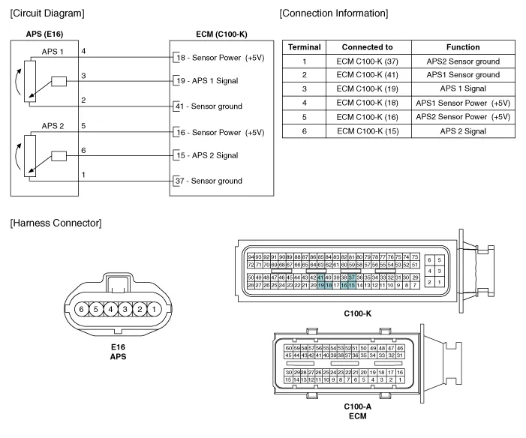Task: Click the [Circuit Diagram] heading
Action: [x=47, y=13]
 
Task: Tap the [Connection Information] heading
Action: [x=334, y=13]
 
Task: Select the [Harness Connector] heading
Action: [x=56, y=223]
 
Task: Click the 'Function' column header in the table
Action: [x=462, y=46]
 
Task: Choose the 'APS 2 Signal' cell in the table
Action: [x=463, y=131]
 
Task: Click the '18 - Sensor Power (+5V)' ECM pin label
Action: [x=219, y=58]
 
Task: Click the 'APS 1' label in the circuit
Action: [x=53, y=51]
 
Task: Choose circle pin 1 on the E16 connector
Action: [x=152, y=308]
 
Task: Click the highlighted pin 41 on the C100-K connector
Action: [x=320, y=277]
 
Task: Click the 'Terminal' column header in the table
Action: [x=305, y=46]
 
